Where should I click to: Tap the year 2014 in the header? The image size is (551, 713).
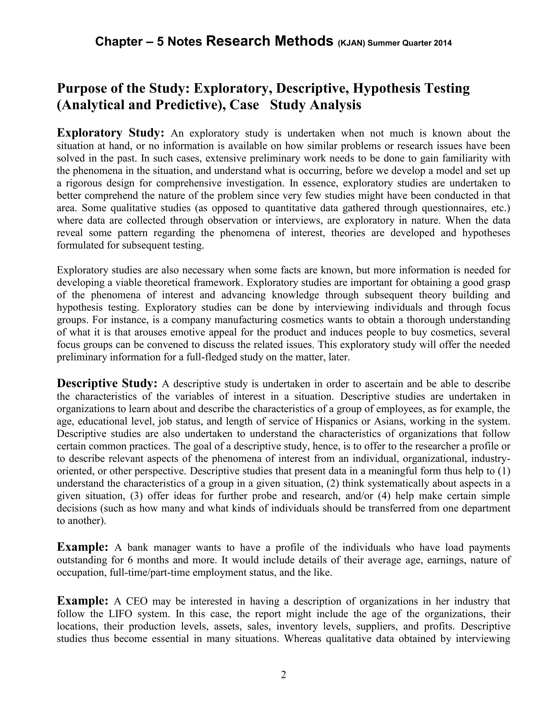pyautogui.click(x=443, y=43)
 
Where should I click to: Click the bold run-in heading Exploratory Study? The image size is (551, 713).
pyautogui.click(x=110, y=133)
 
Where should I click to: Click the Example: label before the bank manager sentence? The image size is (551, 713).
pyautogui.click(x=82, y=546)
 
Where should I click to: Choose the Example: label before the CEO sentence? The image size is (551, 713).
pyautogui.click(x=82, y=600)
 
